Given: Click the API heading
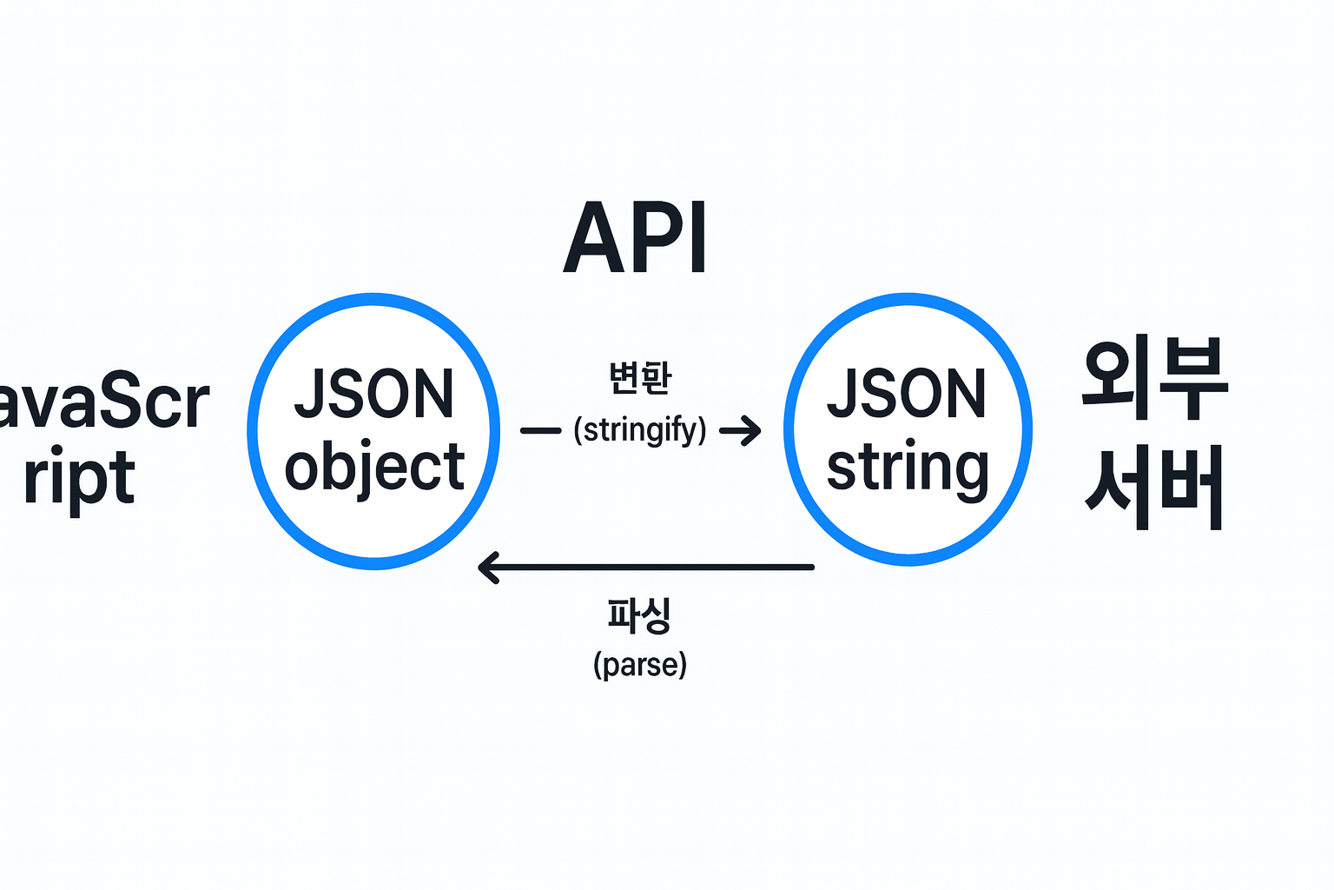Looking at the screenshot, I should pyautogui.click(x=636, y=238).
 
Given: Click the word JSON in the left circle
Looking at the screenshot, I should pyautogui.click(x=374, y=395).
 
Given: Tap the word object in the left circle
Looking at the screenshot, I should pyautogui.click(x=374, y=468).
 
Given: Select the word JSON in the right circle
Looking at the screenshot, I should pyautogui.click(x=907, y=395).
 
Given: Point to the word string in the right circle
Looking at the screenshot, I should pyautogui.click(x=907, y=468).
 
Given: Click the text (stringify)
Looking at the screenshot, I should pyautogui.click(x=640, y=430).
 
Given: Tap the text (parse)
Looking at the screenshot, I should pyautogui.click(x=640, y=665).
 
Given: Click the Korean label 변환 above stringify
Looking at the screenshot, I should pyautogui.click(x=640, y=378).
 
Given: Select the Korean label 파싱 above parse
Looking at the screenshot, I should pyautogui.click(x=640, y=614).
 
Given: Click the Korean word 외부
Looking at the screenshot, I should pyautogui.click(x=1154, y=379).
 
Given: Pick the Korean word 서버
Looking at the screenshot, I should pyautogui.click(x=1154, y=487).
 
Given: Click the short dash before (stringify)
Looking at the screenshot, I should pyautogui.click(x=540, y=430).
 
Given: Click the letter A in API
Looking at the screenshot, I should pyautogui.click(x=593, y=238).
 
